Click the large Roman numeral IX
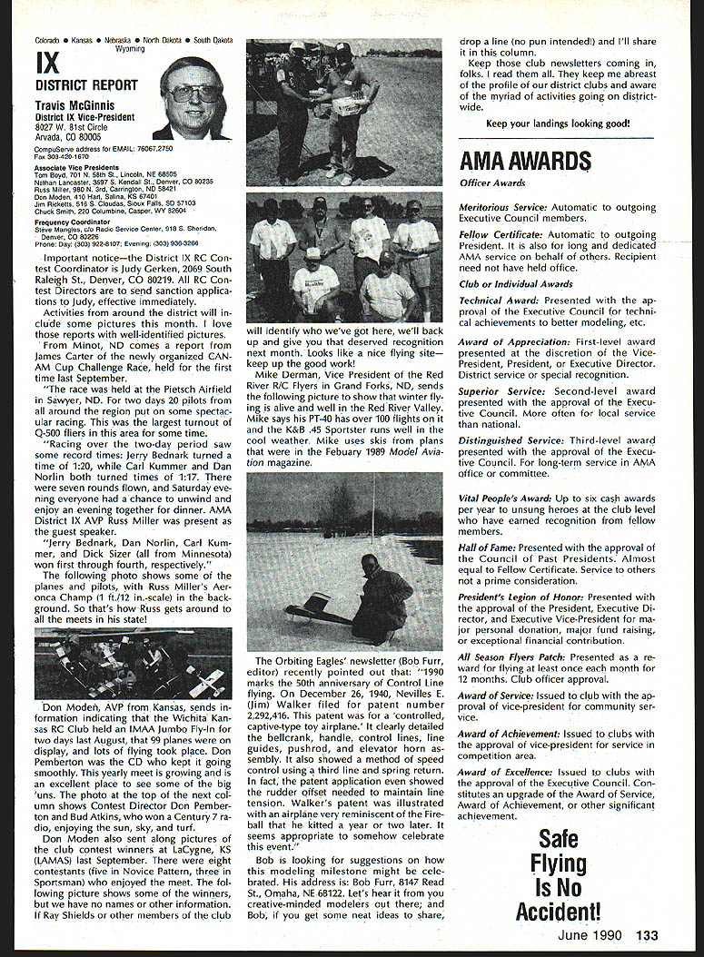pyautogui.click(x=49, y=64)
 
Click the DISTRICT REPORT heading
pyautogui.click(x=86, y=85)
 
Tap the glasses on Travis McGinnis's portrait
pyautogui.click(x=193, y=94)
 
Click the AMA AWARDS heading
pyautogui.click(x=525, y=162)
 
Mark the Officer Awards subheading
pyautogui.click(x=492, y=183)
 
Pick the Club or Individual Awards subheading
pyautogui.click(x=515, y=284)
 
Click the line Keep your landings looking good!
pyautogui.click(x=558, y=123)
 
